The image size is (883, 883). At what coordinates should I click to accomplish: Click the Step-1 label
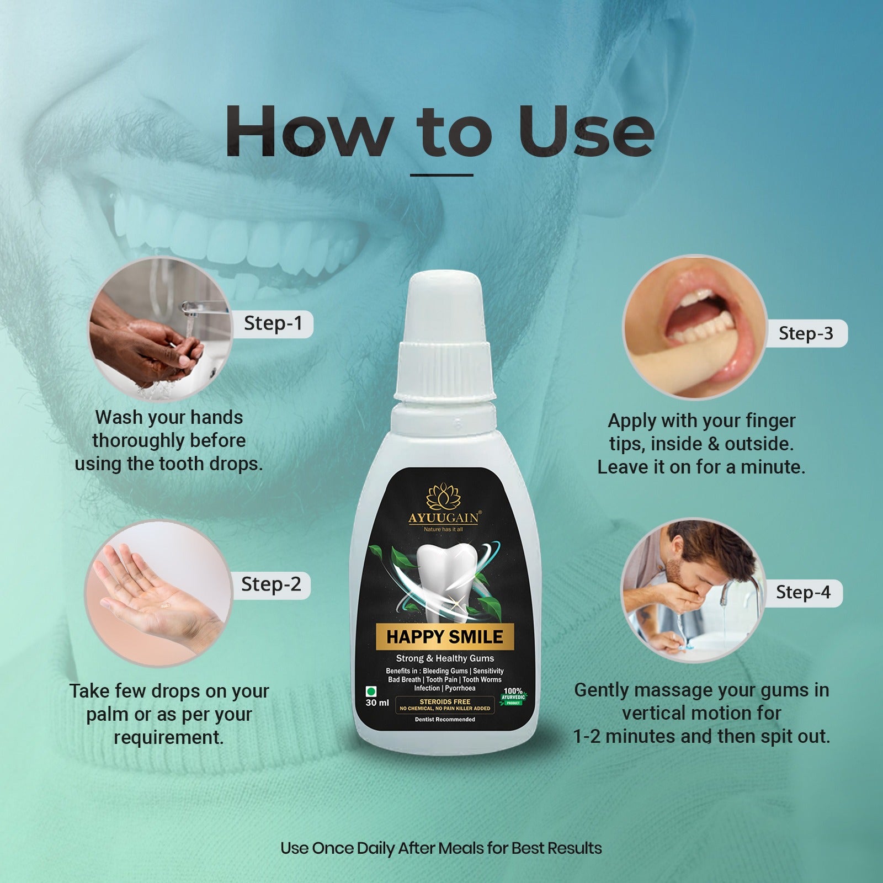[274, 323]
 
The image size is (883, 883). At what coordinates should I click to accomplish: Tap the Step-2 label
[271, 584]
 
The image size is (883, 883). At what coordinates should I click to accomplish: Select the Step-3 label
[806, 333]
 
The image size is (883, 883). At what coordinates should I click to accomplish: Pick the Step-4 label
[803, 593]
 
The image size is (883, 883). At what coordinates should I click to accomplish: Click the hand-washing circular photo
[160, 330]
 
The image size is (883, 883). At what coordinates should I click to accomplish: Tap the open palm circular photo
[158, 593]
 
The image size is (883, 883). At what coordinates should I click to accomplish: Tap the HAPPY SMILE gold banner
[445, 637]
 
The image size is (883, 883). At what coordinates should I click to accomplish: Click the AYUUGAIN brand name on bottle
[444, 518]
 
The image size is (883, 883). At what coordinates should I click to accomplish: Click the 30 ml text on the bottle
[377, 703]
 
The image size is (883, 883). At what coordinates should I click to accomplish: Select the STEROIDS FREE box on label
[445, 705]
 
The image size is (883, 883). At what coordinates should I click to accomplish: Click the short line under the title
[441, 175]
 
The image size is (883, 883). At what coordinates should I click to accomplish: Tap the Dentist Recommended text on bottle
[445, 719]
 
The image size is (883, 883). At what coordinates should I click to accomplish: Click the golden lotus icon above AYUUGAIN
[444, 496]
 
